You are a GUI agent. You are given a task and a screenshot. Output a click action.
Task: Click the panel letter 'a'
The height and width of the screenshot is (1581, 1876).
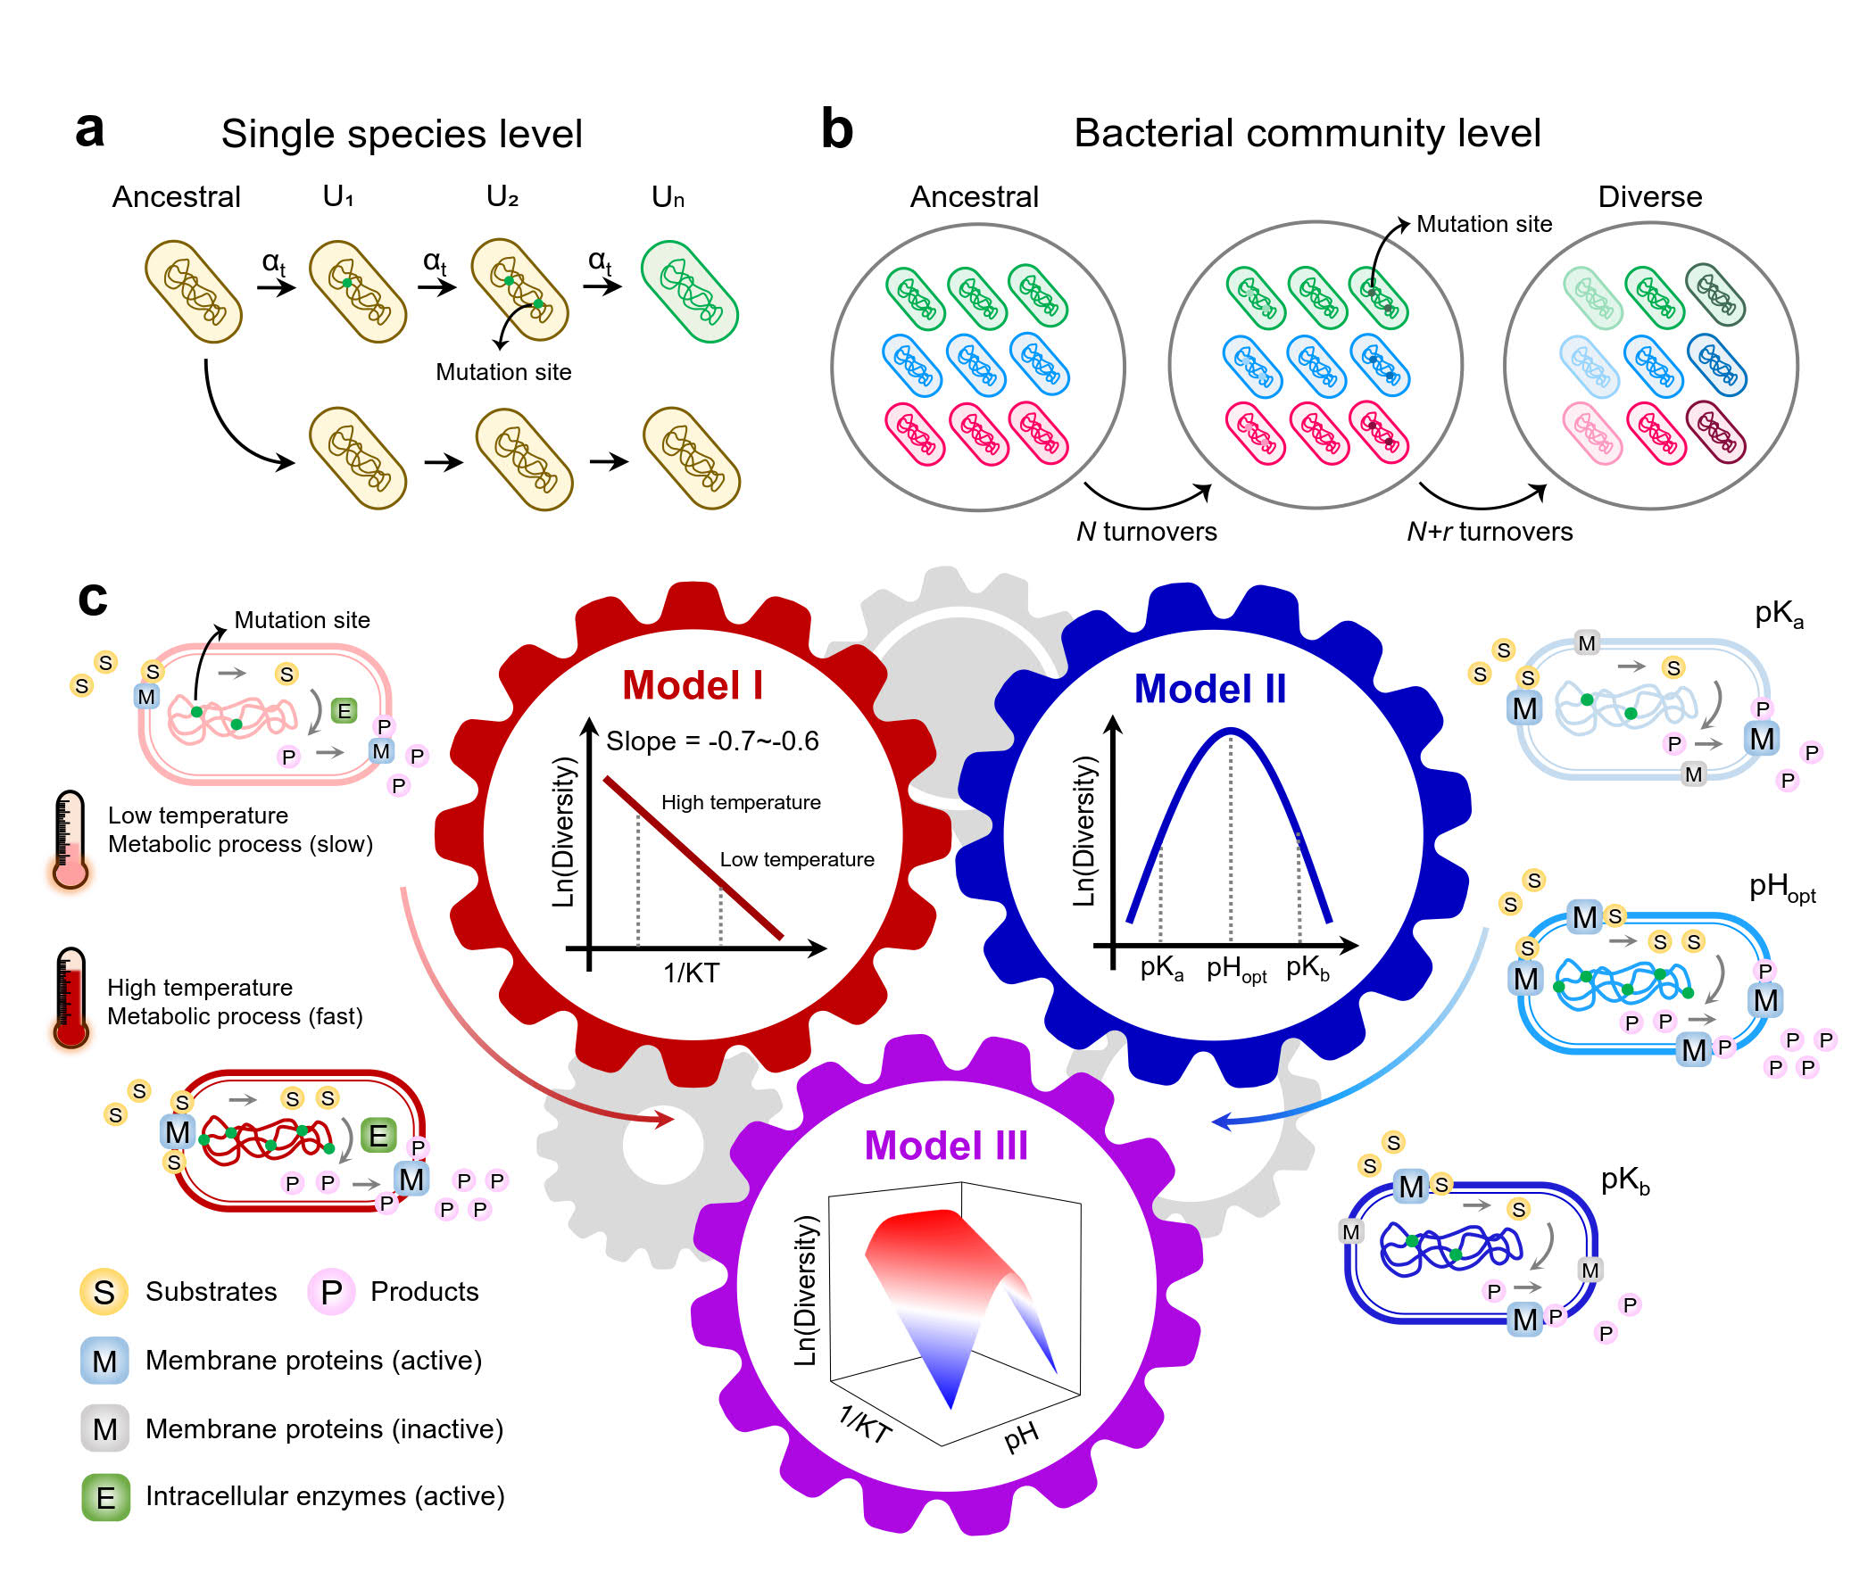click(x=89, y=130)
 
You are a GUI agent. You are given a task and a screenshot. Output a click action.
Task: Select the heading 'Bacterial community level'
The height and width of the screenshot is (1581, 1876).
click(x=1306, y=134)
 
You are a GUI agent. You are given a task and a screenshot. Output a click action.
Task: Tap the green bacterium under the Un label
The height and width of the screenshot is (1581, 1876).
click(x=689, y=291)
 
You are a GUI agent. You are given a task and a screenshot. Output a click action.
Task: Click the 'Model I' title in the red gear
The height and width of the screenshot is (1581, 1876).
click(x=692, y=685)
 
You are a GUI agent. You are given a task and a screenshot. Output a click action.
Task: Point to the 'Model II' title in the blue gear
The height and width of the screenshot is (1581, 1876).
click(x=1209, y=689)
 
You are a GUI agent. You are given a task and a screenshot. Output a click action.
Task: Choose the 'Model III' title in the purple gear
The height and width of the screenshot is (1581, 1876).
click(x=946, y=1146)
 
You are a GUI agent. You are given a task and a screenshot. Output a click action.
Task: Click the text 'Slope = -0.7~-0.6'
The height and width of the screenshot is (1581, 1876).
click(x=711, y=741)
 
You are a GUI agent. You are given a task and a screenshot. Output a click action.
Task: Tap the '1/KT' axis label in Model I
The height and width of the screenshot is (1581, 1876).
click(x=691, y=973)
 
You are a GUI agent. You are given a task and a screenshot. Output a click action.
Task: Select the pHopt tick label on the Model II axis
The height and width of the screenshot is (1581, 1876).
click(x=1235, y=970)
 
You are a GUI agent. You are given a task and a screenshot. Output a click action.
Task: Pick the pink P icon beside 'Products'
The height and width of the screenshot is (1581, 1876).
click(x=331, y=1292)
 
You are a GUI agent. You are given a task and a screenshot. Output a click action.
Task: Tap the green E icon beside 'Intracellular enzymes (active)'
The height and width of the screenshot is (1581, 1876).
click(x=106, y=1497)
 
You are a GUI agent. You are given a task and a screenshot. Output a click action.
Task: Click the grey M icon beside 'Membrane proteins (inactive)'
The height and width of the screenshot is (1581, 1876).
click(x=105, y=1428)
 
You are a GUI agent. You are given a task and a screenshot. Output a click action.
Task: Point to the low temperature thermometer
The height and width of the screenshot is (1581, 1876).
click(x=69, y=840)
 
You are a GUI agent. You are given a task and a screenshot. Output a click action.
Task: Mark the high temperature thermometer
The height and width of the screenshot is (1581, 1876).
click(x=70, y=997)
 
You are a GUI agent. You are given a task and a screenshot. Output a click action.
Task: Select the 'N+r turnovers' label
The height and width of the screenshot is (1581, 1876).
click(x=1489, y=532)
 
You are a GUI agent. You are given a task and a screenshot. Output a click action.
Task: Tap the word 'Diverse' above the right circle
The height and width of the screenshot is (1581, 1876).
click(x=1649, y=196)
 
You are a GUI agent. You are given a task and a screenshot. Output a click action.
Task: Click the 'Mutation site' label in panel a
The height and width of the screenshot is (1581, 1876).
click(x=502, y=372)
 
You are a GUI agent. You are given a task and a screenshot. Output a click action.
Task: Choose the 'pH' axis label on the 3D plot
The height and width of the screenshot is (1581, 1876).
click(x=1021, y=1436)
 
